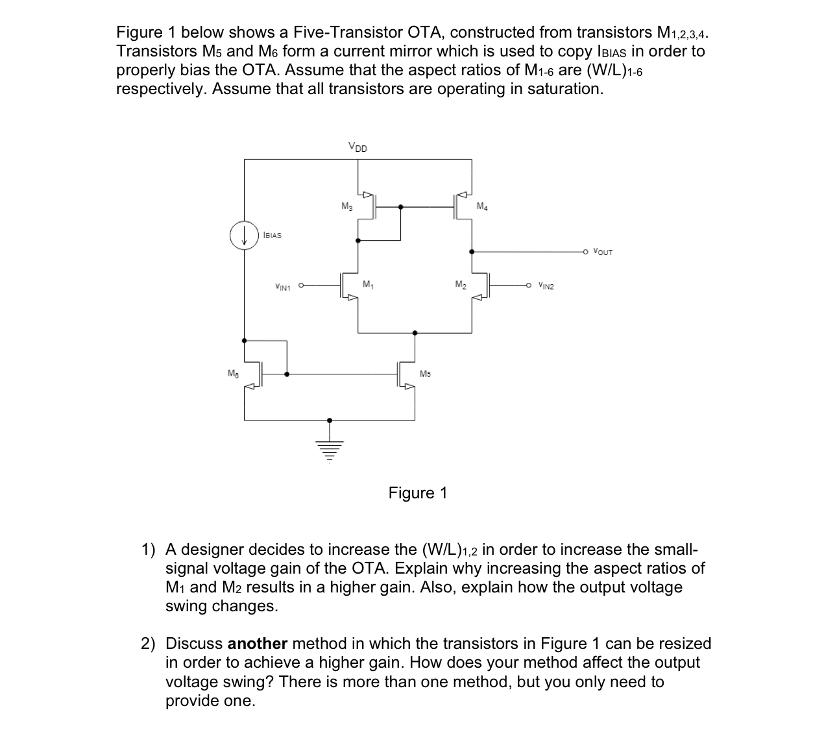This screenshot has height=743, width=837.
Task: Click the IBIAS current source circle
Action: (x=244, y=236)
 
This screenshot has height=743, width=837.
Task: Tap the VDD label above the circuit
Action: (x=358, y=147)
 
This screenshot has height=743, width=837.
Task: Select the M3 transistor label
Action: (x=346, y=206)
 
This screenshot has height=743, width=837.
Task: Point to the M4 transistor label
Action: (x=481, y=207)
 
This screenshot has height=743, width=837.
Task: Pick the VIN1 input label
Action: (x=284, y=285)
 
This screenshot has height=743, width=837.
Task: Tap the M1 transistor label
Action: (x=368, y=284)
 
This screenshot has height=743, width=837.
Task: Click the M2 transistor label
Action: (x=460, y=284)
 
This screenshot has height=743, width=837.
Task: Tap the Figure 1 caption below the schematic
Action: (x=418, y=493)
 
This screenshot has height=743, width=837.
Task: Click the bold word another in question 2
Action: (x=258, y=644)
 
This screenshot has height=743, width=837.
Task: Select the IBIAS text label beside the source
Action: (x=273, y=235)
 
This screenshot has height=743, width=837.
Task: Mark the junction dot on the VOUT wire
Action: (x=471, y=251)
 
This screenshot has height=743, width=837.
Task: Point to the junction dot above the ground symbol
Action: (x=330, y=420)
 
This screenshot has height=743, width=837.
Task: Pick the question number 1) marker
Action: (x=149, y=550)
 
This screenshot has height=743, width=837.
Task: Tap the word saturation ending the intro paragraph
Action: (x=564, y=88)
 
